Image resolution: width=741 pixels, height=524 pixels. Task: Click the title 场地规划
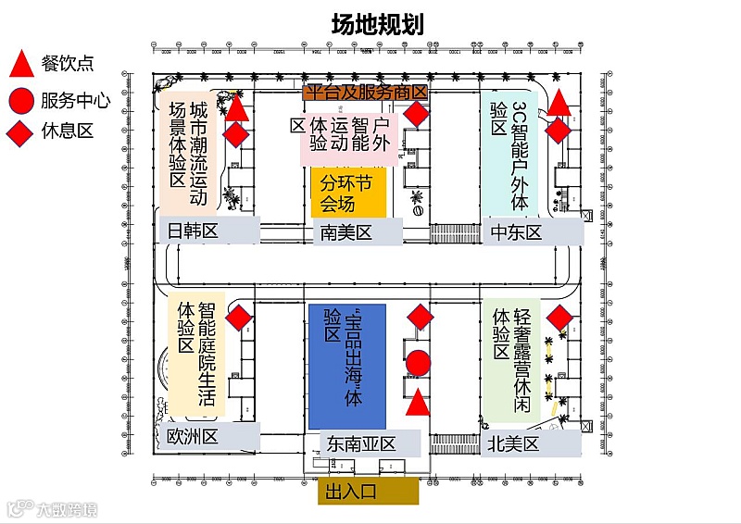click(x=377, y=24)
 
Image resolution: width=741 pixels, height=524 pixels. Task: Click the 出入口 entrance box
click(x=368, y=491)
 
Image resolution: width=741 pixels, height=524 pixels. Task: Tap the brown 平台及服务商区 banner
click(x=367, y=92)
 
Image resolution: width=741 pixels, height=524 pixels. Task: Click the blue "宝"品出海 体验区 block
click(x=346, y=366)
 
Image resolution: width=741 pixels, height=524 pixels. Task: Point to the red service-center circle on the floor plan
click(x=419, y=364)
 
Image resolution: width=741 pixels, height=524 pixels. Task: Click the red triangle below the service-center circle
click(x=419, y=402)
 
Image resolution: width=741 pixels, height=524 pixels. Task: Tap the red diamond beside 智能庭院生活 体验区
click(x=240, y=318)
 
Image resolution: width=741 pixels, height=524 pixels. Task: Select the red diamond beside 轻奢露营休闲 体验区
click(x=559, y=318)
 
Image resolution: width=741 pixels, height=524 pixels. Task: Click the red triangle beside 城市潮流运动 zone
click(x=237, y=109)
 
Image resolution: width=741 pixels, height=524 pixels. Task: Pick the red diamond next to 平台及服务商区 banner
click(x=418, y=116)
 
